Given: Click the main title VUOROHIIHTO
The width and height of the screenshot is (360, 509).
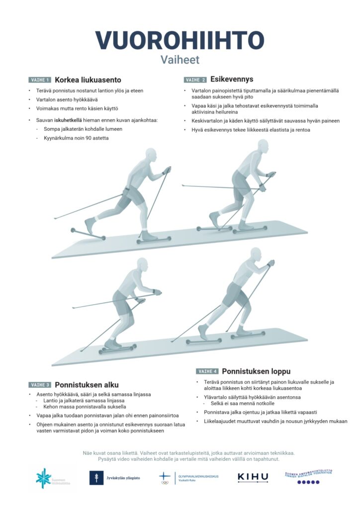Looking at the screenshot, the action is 180,40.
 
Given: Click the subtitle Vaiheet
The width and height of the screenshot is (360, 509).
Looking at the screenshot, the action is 180,60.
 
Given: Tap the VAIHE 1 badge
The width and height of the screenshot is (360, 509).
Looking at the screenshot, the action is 40,80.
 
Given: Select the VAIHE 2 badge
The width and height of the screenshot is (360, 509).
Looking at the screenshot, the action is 195,80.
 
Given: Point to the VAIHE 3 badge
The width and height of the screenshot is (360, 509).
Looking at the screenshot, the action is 40,385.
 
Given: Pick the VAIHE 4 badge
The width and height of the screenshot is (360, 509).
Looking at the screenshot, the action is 207,371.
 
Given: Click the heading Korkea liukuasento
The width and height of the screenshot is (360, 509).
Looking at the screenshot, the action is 88,80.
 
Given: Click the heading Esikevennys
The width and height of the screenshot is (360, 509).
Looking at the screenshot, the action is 232,79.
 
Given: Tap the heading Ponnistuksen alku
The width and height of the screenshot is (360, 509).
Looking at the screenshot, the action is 87,385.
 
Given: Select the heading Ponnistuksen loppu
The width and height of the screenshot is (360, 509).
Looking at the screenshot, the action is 256,371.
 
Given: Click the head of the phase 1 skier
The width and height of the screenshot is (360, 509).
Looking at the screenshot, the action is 152,155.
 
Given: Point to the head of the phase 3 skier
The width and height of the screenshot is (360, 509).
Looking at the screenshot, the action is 143,265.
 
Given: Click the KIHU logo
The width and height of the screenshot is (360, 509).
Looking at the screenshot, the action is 253,477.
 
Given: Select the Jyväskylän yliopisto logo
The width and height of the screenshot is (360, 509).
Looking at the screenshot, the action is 115,478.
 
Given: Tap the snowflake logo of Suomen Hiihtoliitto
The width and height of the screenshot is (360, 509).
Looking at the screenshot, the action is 43,478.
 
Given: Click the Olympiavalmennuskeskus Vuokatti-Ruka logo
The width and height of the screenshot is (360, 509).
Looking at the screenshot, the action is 188,478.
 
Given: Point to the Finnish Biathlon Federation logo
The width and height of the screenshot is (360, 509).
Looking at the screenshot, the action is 308,477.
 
